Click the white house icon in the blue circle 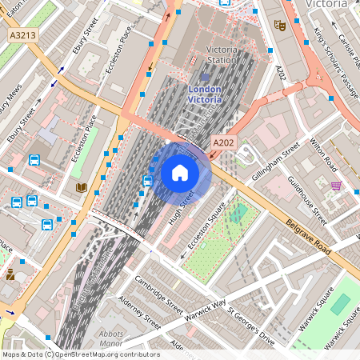pos(179,173)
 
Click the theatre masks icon pos(279,25)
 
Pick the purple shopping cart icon pos(337,186)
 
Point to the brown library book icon pos(81,187)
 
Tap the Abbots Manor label pos(110,338)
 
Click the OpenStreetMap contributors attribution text pos(80,354)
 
